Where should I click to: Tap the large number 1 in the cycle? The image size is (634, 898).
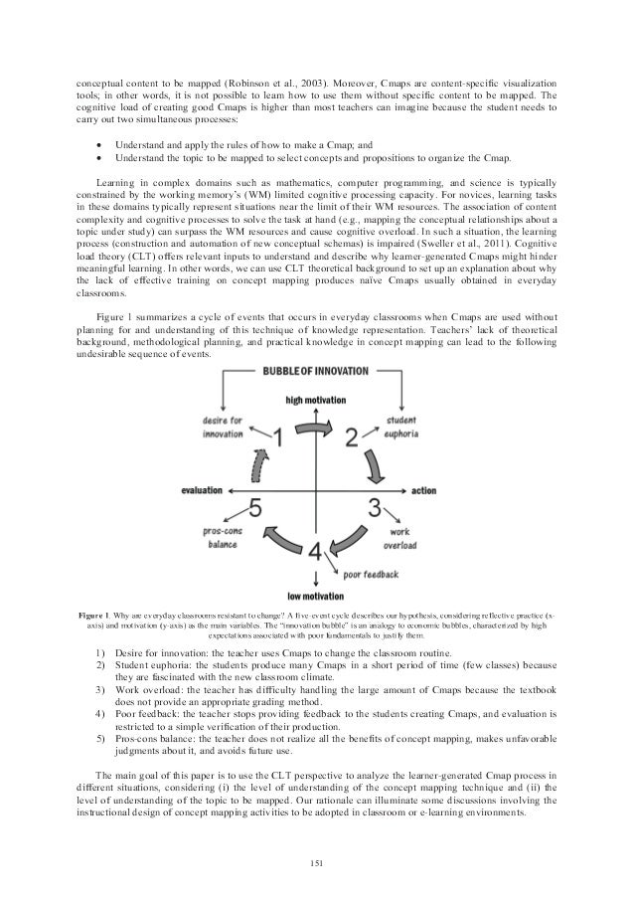click(281, 439)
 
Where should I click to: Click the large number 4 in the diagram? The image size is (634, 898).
click(315, 553)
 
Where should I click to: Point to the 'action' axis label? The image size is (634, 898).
click(423, 490)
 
